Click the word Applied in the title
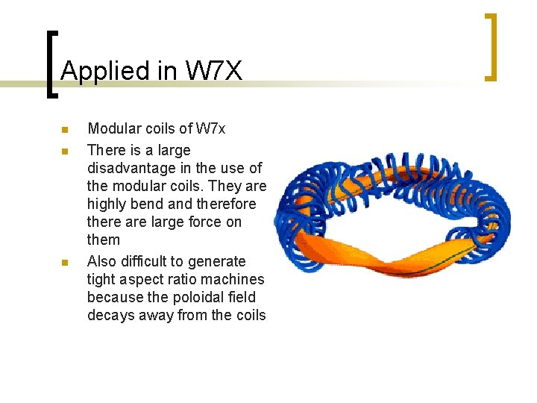(94, 71)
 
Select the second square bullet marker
(65, 151)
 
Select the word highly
(107, 204)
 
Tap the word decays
(109, 315)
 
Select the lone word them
(103, 240)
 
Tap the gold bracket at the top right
(491, 46)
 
